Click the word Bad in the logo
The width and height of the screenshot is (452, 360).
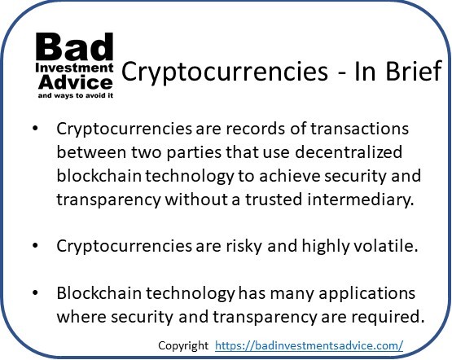[74, 46]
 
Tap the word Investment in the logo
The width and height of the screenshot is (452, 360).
[74, 68]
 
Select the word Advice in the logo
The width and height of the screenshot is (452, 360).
[75, 82]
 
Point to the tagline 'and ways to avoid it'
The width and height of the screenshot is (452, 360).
[76, 95]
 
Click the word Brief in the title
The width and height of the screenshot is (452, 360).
[414, 71]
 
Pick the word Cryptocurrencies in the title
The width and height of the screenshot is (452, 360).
[225, 72]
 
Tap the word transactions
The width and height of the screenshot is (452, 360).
[359, 129]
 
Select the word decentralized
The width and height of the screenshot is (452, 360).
[349, 151]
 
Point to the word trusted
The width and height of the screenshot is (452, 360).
[274, 200]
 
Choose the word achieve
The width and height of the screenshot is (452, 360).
[290, 176]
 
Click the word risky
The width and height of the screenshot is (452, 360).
[244, 247]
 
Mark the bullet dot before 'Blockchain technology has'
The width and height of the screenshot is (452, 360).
[35, 293]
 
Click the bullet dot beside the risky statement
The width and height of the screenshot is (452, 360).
[35, 246]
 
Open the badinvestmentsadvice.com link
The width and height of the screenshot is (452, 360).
[309, 345]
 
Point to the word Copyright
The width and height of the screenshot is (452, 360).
[183, 345]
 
